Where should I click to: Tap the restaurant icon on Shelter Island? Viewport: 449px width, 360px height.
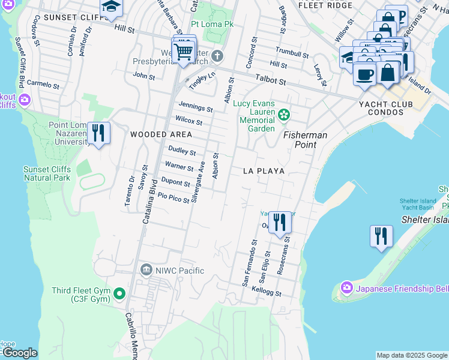tap(381, 236)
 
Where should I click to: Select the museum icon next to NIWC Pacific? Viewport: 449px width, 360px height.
tap(146, 271)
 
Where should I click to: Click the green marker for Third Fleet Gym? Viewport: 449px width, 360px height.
tap(119, 294)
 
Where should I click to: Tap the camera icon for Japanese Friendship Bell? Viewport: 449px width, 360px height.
tap(346, 289)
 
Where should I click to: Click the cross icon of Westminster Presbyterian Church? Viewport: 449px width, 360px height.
tap(217, 57)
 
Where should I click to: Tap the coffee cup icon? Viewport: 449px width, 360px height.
tap(364, 74)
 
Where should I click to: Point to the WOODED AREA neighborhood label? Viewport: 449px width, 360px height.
tap(161, 134)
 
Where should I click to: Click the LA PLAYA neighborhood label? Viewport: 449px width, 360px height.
tap(263, 171)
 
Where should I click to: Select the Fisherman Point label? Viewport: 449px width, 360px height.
tap(306, 140)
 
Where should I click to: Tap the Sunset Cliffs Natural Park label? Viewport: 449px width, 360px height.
tap(47, 173)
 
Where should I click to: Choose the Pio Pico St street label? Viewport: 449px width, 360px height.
tap(173, 197)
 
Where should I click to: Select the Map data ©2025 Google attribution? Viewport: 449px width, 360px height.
tap(412, 355)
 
